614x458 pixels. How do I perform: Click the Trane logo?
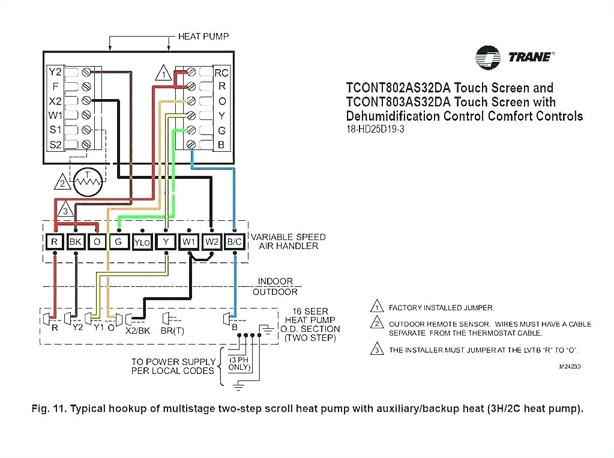coord(514,57)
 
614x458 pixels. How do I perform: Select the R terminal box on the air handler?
coord(55,242)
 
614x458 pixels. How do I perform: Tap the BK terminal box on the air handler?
coord(76,242)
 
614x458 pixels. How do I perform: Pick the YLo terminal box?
coord(142,242)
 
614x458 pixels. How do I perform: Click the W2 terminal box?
coord(211,242)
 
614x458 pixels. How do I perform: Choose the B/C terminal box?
coord(234,242)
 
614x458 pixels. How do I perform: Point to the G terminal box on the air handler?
coord(119,242)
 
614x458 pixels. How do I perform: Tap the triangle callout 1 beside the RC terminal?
coord(163,75)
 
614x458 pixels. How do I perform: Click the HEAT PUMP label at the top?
coord(203,37)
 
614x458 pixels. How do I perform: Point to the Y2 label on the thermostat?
coord(55,72)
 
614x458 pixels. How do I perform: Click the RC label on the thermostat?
coord(221,73)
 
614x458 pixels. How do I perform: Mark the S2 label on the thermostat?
coord(55,144)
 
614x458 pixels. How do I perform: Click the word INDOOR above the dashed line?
coord(275,281)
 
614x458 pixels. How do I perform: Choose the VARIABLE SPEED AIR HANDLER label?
coord(288,241)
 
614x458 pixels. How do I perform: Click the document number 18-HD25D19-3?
coord(375,129)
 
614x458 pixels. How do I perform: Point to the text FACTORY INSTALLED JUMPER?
coord(441,307)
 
